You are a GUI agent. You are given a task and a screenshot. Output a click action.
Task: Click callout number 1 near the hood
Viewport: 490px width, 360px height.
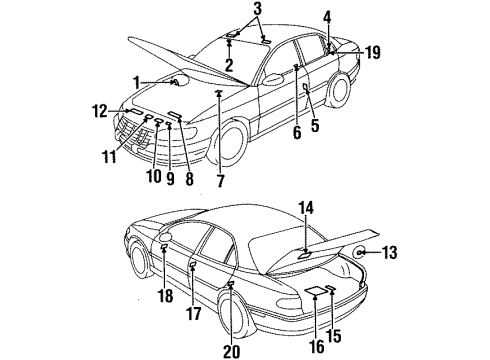pos(136,82)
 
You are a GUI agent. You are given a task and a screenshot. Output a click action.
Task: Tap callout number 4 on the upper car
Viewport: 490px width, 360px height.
pos(326,16)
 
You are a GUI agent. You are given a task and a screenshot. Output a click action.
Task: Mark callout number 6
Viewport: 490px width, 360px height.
pos(297,130)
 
